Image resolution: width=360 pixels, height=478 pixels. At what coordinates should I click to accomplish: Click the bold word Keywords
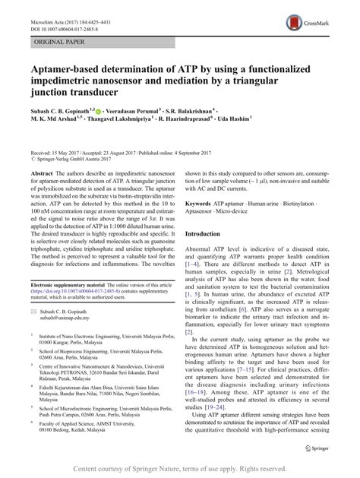[x=204, y=204]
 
